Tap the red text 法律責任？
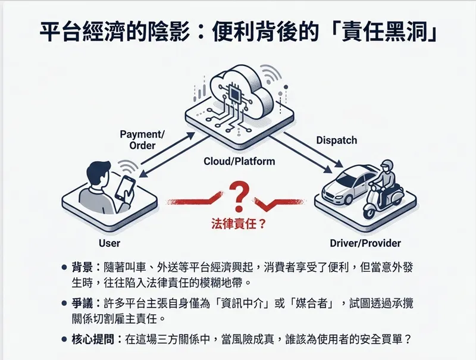tap(239, 224)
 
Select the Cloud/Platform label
tap(239, 161)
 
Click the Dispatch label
tap(337, 140)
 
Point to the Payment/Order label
tap(142, 140)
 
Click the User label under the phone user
tap(109, 243)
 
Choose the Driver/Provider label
tap(365, 243)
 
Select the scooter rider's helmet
tap(387, 167)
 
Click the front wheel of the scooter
tap(369, 212)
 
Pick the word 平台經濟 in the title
tap(82, 32)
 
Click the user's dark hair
tap(99, 171)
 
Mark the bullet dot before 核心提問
tap(64, 339)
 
